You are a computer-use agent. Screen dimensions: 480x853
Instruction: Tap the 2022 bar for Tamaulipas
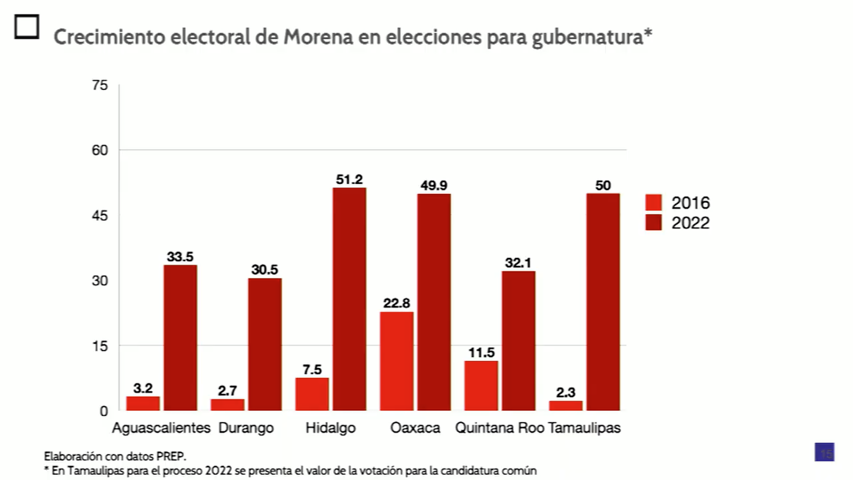pyautogui.click(x=603, y=302)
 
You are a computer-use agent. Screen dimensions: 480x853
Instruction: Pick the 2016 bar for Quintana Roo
pyautogui.click(x=481, y=386)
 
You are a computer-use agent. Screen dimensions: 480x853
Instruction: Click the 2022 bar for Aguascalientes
pyautogui.click(x=181, y=338)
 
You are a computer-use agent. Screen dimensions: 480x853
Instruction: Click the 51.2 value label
pyautogui.click(x=349, y=179)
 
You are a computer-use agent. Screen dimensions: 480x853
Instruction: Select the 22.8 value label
pyautogui.click(x=397, y=303)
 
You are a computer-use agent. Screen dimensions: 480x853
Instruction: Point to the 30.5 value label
pyautogui.click(x=265, y=269)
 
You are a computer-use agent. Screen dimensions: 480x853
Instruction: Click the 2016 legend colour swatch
pyautogui.click(x=653, y=202)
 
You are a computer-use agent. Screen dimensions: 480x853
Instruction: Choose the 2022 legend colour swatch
pyautogui.click(x=653, y=222)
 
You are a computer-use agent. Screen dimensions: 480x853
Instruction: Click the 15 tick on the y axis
pyautogui.click(x=100, y=346)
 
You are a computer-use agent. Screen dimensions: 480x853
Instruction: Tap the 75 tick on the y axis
pyautogui.click(x=100, y=85)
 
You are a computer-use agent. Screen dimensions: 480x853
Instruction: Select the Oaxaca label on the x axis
pyautogui.click(x=415, y=428)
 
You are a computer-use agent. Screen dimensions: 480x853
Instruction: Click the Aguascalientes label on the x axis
pyautogui.click(x=161, y=428)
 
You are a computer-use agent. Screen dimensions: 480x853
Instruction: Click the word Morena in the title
pyautogui.click(x=318, y=37)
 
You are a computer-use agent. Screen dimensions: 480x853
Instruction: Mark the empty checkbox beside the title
pyautogui.click(x=27, y=26)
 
